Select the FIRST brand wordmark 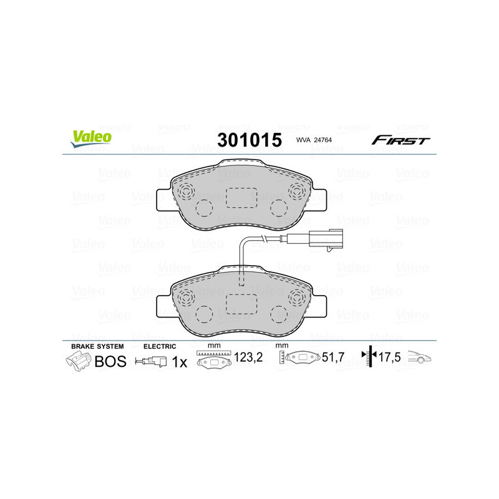click(400, 140)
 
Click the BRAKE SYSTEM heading click(97, 346)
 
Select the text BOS click(110, 361)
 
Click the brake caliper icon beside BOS click(79, 361)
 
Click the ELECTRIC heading click(160, 346)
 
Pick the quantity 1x click(179, 361)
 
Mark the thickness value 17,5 click(389, 359)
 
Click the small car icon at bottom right click(419, 358)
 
